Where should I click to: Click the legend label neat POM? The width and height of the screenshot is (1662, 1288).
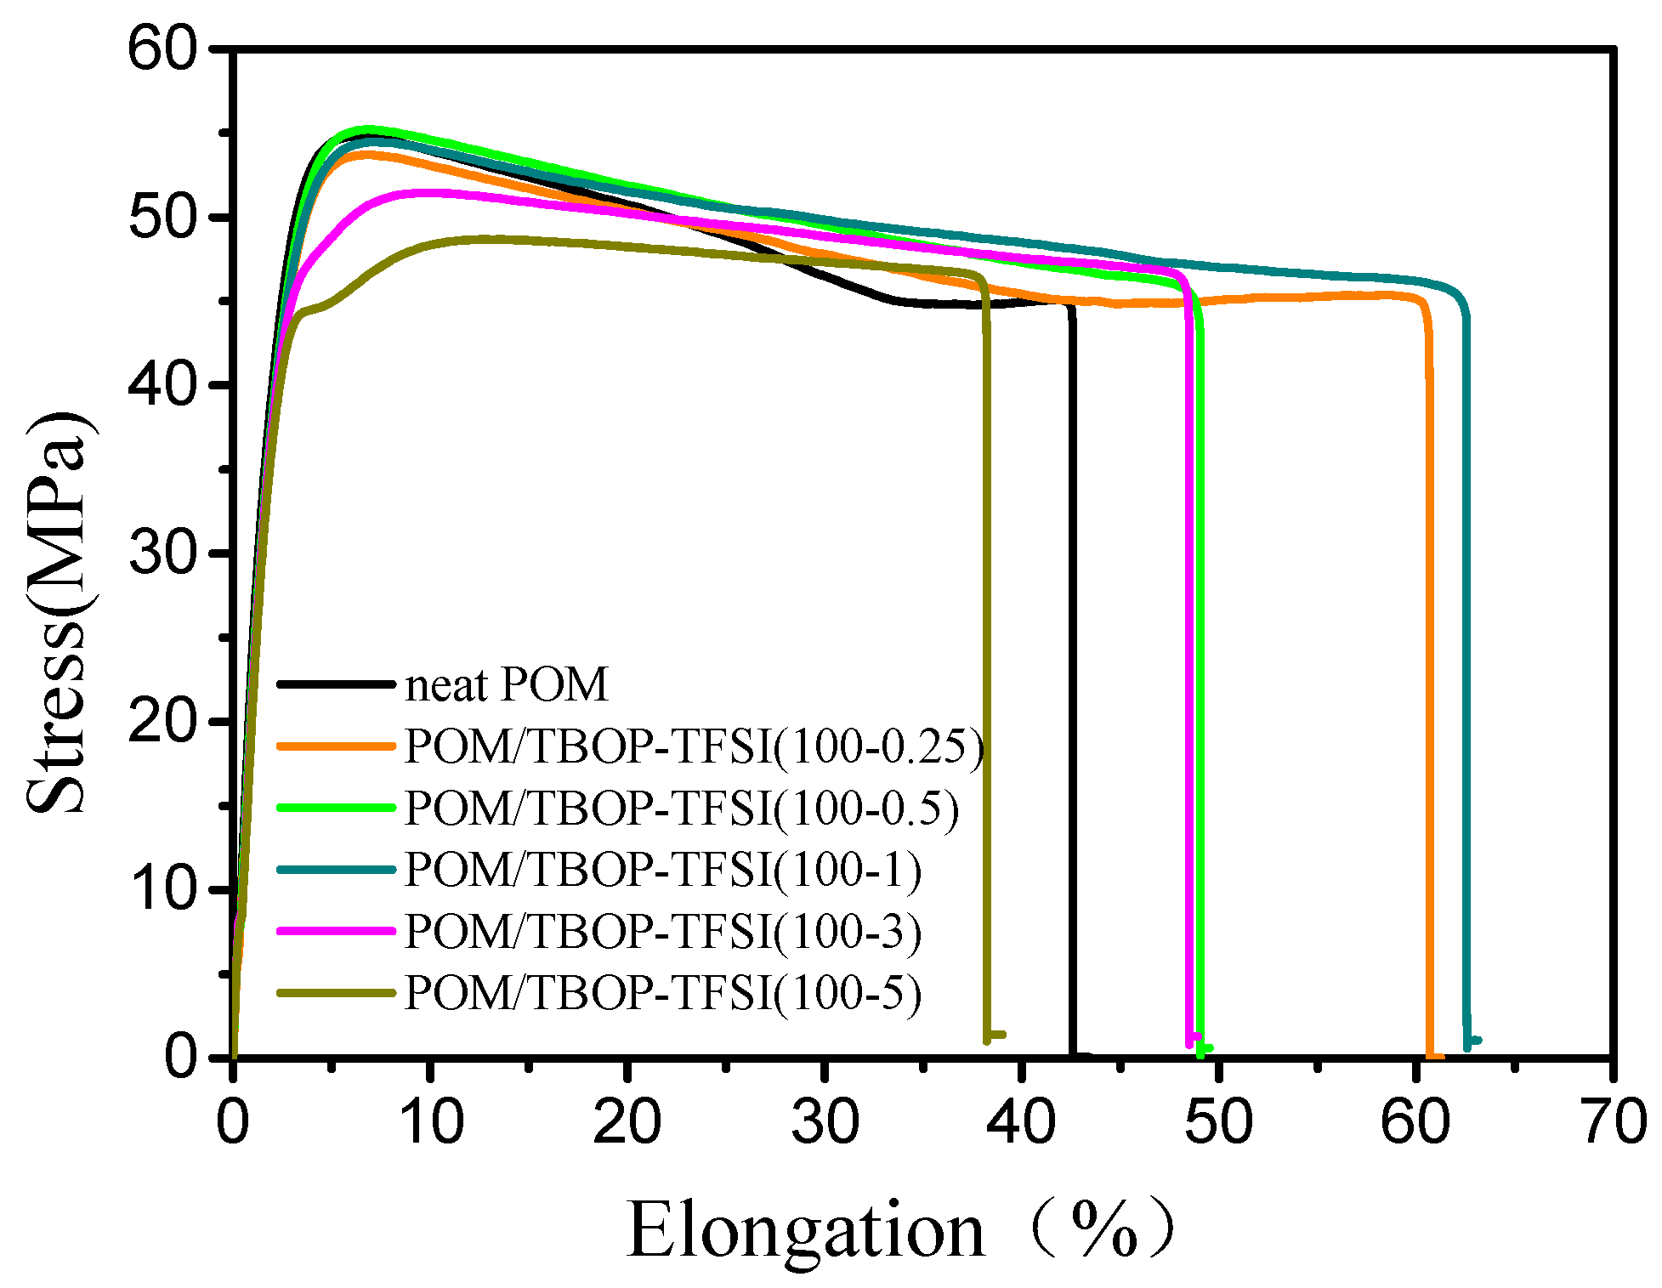[507, 684]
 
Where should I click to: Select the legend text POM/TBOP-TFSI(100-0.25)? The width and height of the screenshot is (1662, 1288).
[694, 746]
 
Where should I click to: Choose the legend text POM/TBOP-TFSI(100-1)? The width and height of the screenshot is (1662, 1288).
[663, 870]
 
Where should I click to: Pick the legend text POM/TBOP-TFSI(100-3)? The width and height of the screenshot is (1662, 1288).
[663, 931]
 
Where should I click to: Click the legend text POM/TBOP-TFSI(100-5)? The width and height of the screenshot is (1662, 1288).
[663, 992]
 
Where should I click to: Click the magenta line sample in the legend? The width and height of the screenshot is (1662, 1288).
[337, 931]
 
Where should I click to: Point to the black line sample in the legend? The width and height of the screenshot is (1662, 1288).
[337, 684]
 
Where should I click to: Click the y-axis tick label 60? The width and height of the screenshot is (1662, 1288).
[162, 48]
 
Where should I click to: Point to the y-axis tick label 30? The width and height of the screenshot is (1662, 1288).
[162, 553]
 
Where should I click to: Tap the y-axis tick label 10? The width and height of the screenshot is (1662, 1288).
[162, 889]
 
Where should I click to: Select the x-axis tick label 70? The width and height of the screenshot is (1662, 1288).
[1612, 1122]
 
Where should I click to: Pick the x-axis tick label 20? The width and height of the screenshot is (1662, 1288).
[627, 1122]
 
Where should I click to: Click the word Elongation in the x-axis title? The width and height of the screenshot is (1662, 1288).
[805, 1231]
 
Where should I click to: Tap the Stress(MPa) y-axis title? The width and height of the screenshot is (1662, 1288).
[58, 612]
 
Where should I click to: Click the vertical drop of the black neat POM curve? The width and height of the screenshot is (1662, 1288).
[1072, 680]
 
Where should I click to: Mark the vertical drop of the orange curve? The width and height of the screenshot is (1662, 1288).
[1429, 680]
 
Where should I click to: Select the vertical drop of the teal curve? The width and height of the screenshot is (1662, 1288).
[1466, 680]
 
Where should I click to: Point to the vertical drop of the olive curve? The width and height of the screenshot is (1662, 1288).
[987, 680]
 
